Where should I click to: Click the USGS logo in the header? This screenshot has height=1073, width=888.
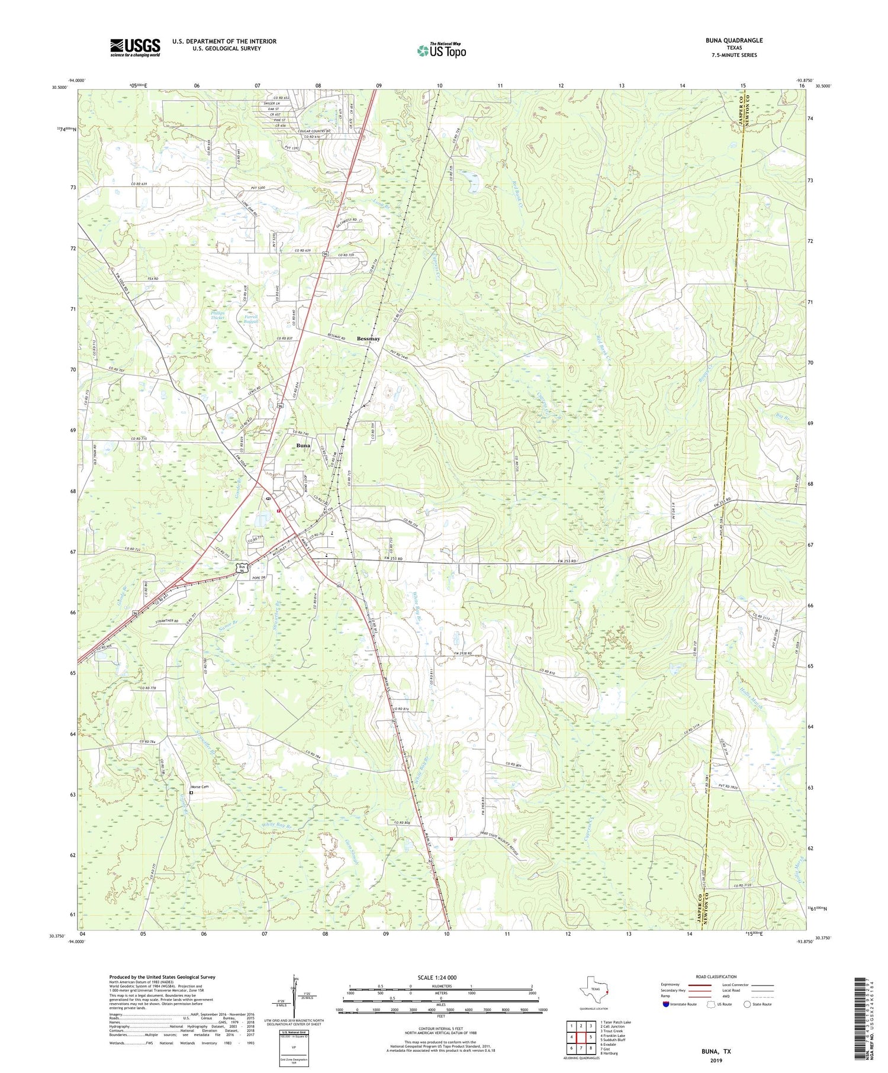[x=135, y=47]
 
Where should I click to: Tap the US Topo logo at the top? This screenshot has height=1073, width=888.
[x=441, y=50]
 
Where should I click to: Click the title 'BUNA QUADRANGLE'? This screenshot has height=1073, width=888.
[x=733, y=40]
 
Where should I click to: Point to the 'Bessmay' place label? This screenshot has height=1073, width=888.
[x=368, y=339]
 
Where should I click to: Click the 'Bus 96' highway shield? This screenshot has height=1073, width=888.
[x=241, y=568]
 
